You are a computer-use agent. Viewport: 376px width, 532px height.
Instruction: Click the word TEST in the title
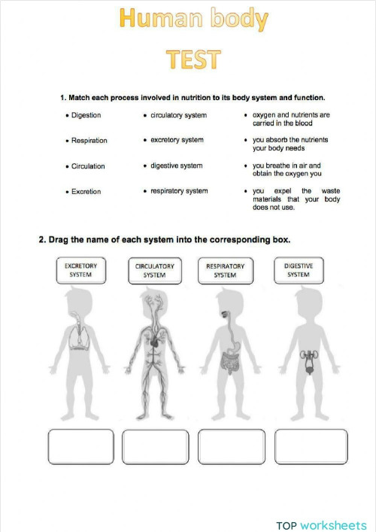(194, 59)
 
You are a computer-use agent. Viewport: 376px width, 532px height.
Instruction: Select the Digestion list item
(86, 115)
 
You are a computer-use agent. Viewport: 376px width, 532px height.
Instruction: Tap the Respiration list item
(89, 141)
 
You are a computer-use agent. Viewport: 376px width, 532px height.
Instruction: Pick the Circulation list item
(88, 166)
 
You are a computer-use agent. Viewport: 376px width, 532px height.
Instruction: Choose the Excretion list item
(86, 192)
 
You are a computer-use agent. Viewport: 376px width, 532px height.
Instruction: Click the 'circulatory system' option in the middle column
(178, 115)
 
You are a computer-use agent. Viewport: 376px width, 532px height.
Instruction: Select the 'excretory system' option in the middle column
(177, 140)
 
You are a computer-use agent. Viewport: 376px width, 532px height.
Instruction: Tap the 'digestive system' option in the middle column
(176, 166)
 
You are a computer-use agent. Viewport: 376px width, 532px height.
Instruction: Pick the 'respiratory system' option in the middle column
(179, 191)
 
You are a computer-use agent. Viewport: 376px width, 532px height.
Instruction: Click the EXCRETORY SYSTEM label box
(80, 271)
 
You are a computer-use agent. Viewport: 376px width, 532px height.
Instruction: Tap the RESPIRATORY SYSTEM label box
(225, 271)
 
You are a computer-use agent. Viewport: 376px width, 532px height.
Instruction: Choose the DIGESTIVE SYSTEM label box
(298, 271)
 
